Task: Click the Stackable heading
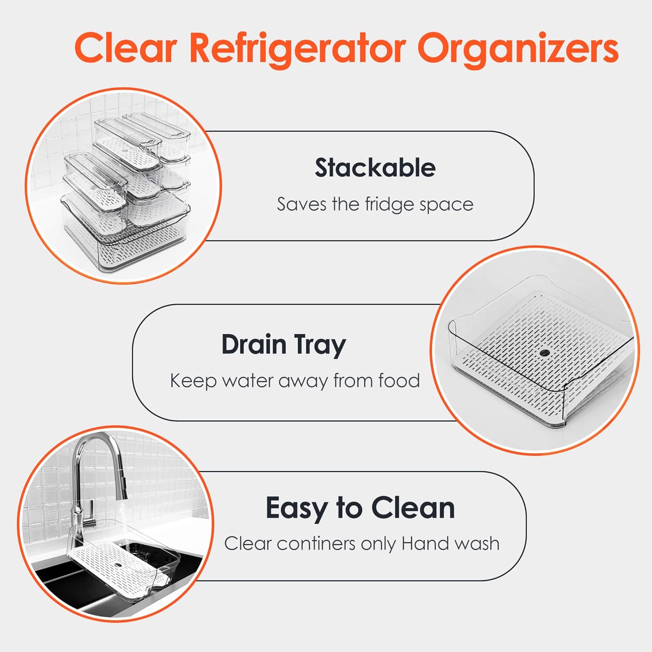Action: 375,168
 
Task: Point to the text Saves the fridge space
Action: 375,204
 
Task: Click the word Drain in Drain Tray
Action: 254,345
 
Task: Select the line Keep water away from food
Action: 295,381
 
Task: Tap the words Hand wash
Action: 450,543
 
